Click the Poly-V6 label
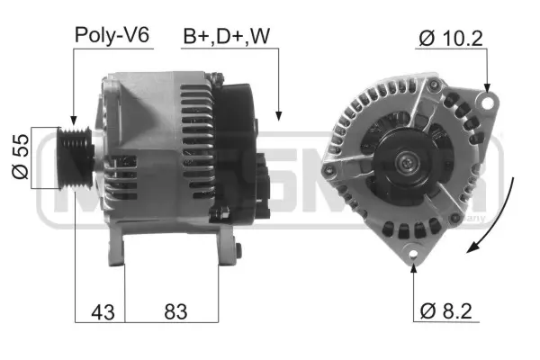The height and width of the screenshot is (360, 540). tap(112, 35)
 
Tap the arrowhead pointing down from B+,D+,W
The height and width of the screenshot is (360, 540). tap(279, 115)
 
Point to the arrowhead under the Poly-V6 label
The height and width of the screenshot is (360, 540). tap(72, 119)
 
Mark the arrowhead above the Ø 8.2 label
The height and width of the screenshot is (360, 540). tap(414, 266)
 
